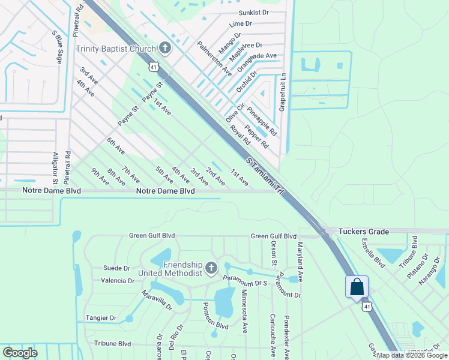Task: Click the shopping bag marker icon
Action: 357,286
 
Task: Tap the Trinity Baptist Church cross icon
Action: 165,48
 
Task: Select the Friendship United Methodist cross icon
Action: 211,268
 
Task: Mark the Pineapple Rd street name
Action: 261,121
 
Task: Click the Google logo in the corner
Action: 20,353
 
